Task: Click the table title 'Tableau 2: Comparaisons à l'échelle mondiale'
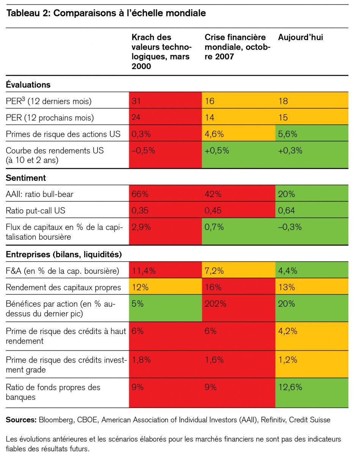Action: pos(106,14)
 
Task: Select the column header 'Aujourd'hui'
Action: pos(300,38)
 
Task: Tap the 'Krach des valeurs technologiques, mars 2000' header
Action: pos(162,52)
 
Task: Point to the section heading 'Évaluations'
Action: pos(28,85)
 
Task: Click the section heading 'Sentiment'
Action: pos(26,178)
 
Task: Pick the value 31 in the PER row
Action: pos(136,101)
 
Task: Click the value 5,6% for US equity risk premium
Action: pos(288,134)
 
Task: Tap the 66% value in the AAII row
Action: pos(140,194)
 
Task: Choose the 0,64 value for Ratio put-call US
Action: pos(286,211)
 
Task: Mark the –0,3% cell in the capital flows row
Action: pos(290,227)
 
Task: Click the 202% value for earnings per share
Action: pos(215,304)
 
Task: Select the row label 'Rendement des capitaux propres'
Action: pos(63,287)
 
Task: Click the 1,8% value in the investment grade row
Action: pos(141,359)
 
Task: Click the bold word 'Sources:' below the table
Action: pos(21,420)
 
